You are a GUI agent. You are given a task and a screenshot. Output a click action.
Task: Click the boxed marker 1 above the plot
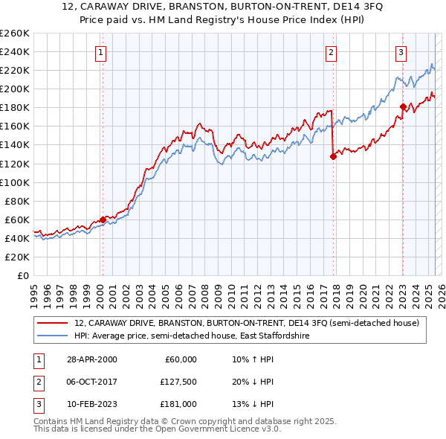[100, 53]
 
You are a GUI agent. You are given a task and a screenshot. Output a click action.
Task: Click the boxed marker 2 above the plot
[330, 53]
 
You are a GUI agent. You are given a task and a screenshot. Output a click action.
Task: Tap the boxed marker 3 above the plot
[401, 53]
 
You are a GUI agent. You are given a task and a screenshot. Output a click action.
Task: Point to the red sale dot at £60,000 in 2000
[103, 219]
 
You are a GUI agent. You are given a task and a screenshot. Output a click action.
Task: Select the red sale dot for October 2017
[333, 156]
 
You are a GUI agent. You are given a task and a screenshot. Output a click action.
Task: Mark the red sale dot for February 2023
[403, 106]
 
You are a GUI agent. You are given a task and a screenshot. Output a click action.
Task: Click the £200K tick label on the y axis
[15, 89]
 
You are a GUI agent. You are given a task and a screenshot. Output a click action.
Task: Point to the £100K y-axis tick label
[15, 182]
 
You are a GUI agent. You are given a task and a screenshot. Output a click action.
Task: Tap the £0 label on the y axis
[23, 275]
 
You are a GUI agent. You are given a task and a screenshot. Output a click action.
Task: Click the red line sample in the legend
[53, 323]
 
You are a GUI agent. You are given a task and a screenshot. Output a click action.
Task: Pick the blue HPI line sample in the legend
[53, 336]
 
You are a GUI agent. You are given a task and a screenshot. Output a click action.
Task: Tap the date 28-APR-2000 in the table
[91, 359]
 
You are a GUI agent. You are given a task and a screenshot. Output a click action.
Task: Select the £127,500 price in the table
[178, 382]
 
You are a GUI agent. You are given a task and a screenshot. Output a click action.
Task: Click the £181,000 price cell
[178, 404]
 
